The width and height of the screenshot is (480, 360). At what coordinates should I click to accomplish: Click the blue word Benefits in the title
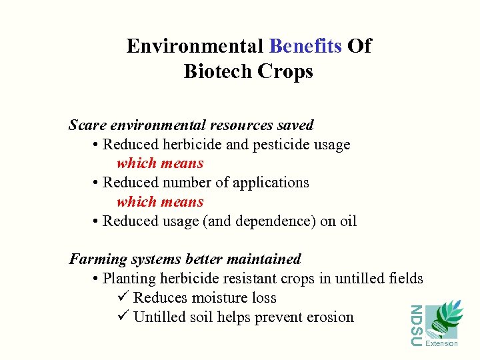306,46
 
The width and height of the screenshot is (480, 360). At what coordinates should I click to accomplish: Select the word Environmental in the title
195,46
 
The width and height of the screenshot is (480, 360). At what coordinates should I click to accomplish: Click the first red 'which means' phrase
160,163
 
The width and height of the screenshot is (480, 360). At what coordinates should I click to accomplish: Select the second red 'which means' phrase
160,202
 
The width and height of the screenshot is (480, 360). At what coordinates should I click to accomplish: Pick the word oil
348,221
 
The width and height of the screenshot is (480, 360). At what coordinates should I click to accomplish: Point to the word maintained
266,259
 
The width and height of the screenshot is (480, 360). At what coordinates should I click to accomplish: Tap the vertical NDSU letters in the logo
415,325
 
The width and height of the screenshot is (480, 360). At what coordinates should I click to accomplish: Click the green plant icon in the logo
443,320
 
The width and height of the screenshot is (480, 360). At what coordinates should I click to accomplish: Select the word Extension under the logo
441,344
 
